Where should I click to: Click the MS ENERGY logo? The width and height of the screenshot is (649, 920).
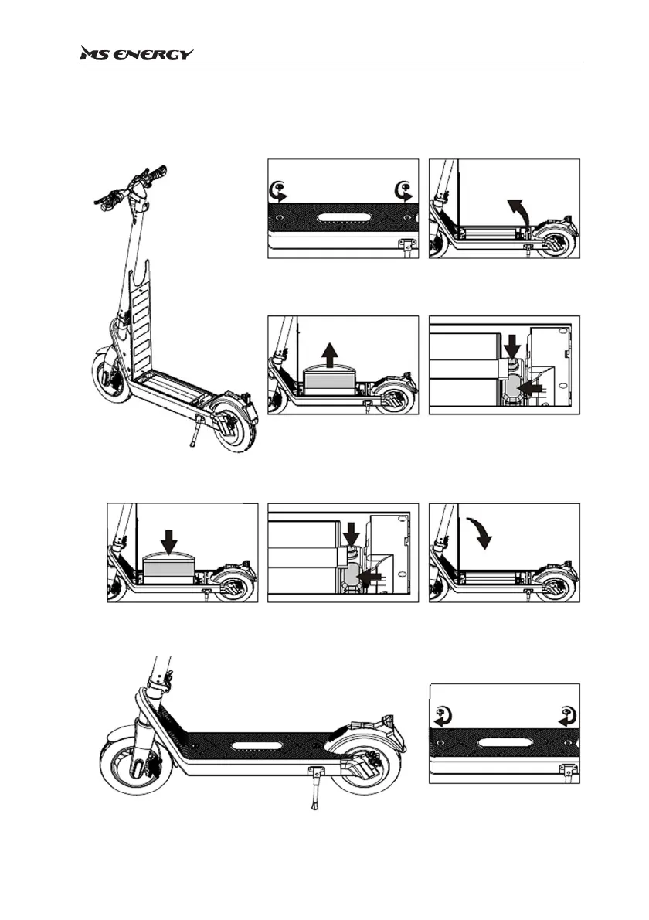137,53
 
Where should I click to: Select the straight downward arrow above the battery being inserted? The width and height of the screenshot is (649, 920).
168,539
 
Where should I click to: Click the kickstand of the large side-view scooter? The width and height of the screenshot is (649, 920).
315,788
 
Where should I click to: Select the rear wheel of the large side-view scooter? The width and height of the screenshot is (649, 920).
369,777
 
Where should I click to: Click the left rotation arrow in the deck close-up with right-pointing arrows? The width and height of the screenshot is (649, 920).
277,191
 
